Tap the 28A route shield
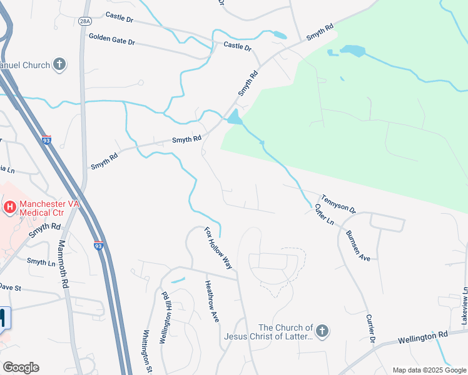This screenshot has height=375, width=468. click(85, 21)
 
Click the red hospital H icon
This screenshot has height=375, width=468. click(9, 206)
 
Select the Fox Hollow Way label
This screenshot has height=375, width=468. click(219, 248)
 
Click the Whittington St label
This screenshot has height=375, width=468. click(148, 351)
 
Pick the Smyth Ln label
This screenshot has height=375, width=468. click(41, 262)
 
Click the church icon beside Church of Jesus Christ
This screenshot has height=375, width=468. click(322, 331)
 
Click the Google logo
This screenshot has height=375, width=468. click(21, 367)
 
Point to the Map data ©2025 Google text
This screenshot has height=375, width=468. click(429, 370)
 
